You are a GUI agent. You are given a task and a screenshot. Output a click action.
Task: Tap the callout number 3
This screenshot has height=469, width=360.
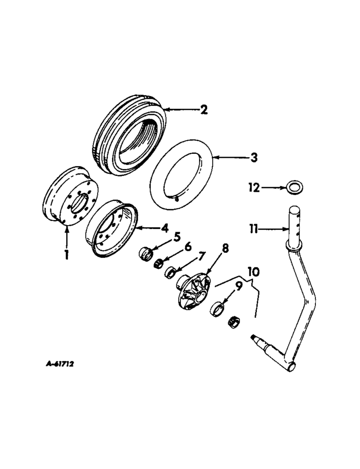click(x=253, y=158)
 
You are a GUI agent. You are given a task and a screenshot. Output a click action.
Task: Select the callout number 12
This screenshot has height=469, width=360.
click(x=254, y=188)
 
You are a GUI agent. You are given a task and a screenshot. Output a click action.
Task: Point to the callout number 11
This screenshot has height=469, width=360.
click(x=254, y=229)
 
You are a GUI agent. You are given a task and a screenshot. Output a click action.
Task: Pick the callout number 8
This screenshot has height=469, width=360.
click(x=225, y=249)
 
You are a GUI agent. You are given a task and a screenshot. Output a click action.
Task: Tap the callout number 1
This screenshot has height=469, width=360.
click(x=67, y=256)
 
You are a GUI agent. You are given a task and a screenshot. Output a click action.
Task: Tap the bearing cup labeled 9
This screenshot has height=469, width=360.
click(x=218, y=310)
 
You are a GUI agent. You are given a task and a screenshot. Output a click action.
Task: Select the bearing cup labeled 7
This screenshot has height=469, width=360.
click(x=172, y=272)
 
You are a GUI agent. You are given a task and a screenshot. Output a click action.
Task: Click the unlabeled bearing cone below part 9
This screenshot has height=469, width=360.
click(x=233, y=322)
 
